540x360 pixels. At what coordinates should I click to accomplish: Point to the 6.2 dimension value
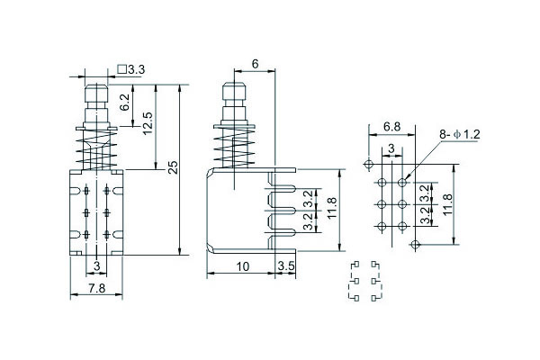pyautogui.click(x=125, y=103)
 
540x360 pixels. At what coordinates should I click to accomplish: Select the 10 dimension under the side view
pyautogui.click(x=243, y=266)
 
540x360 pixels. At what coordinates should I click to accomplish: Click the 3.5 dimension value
pyautogui.click(x=285, y=266)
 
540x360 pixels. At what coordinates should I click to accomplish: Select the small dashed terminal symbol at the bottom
pyautogui.click(x=362, y=282)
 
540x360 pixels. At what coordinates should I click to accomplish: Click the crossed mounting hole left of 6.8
pyautogui.click(x=367, y=164)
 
